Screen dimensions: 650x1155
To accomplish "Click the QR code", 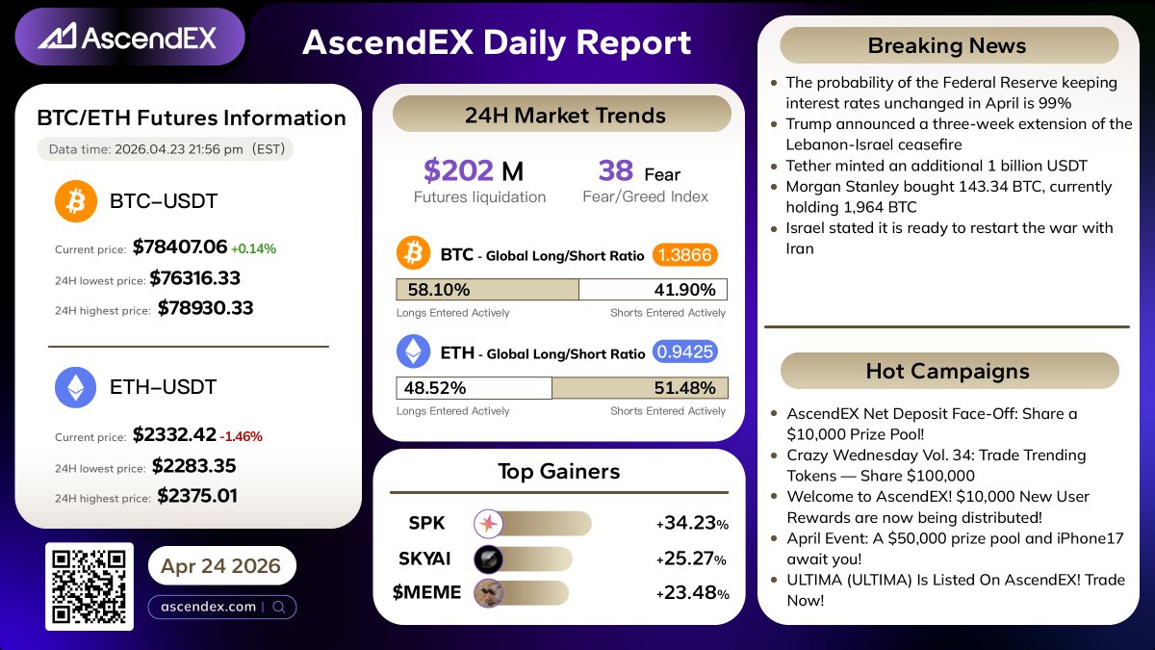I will click(x=89, y=586).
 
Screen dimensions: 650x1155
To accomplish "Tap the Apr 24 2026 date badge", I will click(x=221, y=565).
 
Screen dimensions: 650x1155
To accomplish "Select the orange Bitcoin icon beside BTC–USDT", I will click(x=75, y=201).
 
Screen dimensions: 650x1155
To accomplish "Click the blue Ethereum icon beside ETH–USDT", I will click(x=75, y=387).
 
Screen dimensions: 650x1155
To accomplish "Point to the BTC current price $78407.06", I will click(x=180, y=247).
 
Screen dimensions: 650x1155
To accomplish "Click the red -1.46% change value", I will click(x=242, y=436).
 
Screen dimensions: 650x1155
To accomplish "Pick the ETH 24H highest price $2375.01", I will click(x=197, y=496).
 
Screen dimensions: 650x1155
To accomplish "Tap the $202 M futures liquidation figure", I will click(x=474, y=171).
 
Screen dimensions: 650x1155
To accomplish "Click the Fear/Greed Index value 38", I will click(x=616, y=171).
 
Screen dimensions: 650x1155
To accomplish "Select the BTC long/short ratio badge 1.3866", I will click(x=685, y=255).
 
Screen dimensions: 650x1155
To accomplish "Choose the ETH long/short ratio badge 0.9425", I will click(x=685, y=352).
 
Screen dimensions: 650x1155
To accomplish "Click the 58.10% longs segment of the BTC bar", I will click(x=487, y=290).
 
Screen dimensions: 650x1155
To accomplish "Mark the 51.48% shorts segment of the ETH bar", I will click(x=639, y=388).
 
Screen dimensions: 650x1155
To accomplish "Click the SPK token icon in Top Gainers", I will click(x=489, y=524).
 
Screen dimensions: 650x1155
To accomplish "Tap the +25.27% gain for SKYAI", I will click(x=692, y=559).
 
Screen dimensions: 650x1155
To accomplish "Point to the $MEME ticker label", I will click(x=426, y=592).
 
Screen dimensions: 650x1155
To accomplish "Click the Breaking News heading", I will click(x=948, y=45).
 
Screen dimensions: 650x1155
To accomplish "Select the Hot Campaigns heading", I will click(x=948, y=371).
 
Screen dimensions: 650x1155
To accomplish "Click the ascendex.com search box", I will click(x=221, y=607).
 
